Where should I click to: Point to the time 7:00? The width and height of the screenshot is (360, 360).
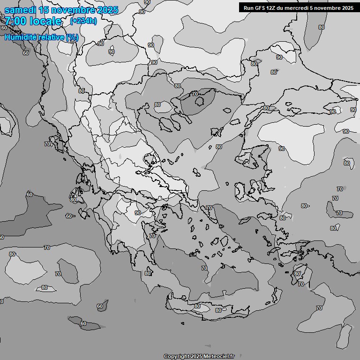pos(16,21)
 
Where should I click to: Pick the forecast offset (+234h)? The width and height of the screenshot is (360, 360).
pos(83,21)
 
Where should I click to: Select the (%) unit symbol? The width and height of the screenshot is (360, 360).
pos(72,37)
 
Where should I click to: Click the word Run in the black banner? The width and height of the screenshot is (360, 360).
pos(248,7)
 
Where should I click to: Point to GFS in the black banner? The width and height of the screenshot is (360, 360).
pos(260,7)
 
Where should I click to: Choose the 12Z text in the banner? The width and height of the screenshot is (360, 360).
pos(272,7)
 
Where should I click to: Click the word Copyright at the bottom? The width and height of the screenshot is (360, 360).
pos(176,357)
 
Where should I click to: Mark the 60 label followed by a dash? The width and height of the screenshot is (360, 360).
pos(69,216)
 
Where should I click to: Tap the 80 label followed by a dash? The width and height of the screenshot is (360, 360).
pos(305,206)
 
